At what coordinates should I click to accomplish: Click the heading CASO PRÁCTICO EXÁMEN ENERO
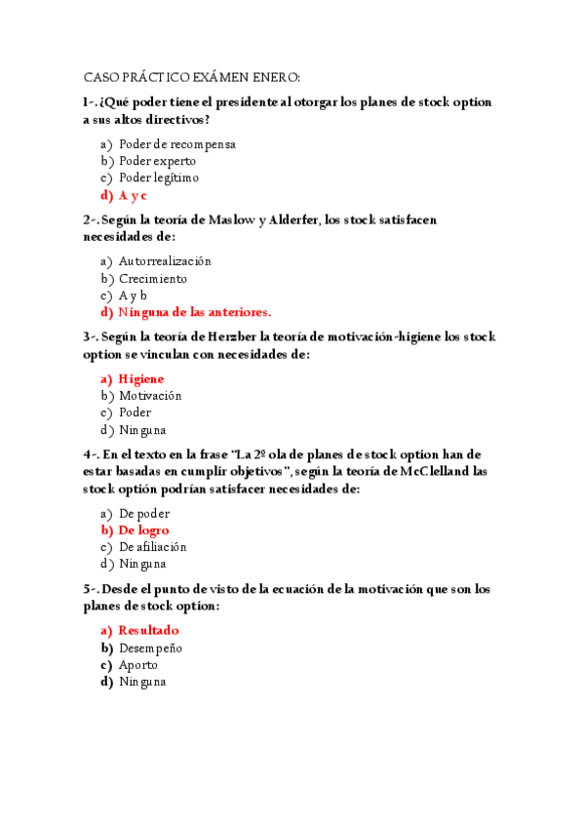192,77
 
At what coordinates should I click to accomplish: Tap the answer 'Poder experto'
157,161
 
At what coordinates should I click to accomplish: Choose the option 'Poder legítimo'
159,177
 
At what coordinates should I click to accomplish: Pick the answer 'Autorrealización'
165,261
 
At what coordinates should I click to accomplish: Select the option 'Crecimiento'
153,278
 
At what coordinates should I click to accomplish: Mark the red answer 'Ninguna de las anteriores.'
195,312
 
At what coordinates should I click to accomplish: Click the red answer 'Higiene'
141,378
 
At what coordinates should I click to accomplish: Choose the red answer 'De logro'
143,531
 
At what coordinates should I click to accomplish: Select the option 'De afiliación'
152,547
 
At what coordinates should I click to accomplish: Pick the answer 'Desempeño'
150,648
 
